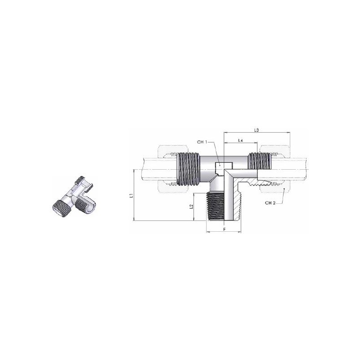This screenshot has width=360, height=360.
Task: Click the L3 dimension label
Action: coord(256,130)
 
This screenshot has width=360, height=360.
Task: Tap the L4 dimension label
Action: coord(240,140)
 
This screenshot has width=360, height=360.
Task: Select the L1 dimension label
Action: coord(131,196)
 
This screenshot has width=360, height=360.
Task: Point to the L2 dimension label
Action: coord(191,207)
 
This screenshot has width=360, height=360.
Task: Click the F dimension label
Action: coord(225,229)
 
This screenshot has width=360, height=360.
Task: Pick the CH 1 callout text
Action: coord(202,142)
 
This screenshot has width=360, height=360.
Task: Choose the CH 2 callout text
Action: coord(270,203)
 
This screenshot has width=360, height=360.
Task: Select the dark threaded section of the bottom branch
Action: coord(215,207)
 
